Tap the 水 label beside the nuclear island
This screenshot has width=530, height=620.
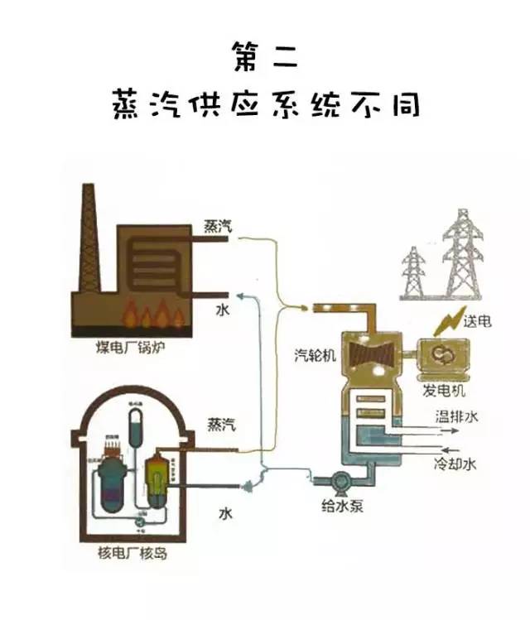click(x=224, y=513)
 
